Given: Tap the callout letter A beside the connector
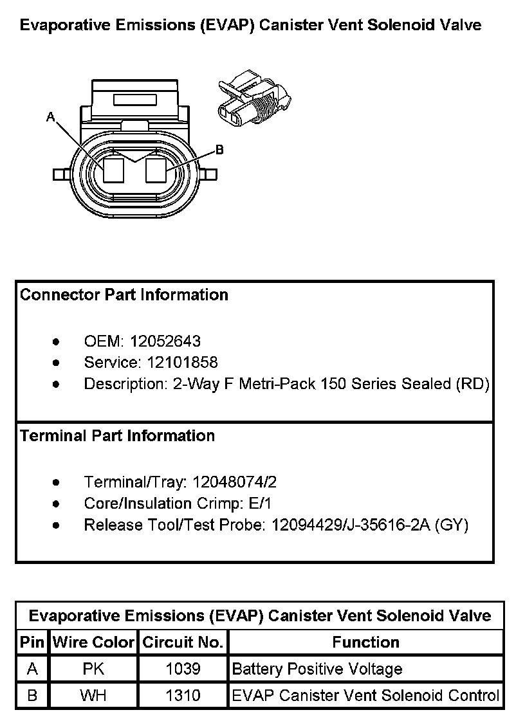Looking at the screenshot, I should pyautogui.click(x=50, y=117).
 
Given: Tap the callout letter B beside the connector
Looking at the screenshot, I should pyautogui.click(x=219, y=150).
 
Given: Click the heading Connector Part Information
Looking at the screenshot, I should pyautogui.click(x=124, y=295).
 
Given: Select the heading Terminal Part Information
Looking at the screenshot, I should pyautogui.click(x=117, y=436).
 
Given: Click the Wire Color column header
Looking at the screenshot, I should pyautogui.click(x=93, y=642).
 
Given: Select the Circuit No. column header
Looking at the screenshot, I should pyautogui.click(x=183, y=642).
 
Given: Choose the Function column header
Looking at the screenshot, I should pyautogui.click(x=365, y=642).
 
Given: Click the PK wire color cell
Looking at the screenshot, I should pyautogui.click(x=93, y=669).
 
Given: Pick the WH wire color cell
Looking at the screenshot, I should pyautogui.click(x=93, y=695).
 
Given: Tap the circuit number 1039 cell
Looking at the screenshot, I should pyautogui.click(x=183, y=669).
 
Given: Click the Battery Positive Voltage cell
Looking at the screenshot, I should pyautogui.click(x=317, y=669).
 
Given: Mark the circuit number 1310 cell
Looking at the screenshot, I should pyautogui.click(x=183, y=695).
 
